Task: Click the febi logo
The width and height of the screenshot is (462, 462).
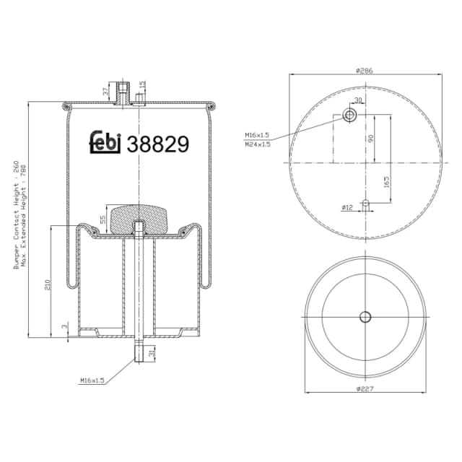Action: (104, 143)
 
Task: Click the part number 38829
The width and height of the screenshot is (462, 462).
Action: (158, 145)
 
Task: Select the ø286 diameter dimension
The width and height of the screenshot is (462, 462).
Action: (363, 70)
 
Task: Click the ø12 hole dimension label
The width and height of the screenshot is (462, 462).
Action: (346, 208)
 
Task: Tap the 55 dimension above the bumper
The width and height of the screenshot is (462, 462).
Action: (103, 219)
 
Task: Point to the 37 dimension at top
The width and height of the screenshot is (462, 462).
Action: (105, 91)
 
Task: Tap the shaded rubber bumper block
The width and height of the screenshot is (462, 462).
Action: (138, 216)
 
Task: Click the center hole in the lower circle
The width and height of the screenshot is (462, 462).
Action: (365, 316)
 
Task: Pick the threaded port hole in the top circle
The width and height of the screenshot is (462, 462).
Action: (350, 115)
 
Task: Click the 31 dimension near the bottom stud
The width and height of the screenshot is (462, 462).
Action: (152, 353)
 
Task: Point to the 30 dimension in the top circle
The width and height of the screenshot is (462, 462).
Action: (357, 100)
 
